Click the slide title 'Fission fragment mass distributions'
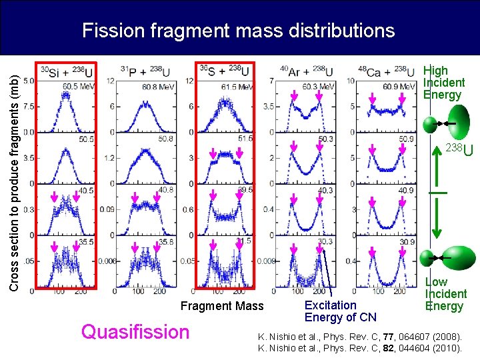(x=238, y=31)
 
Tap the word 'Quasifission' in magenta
(x=135, y=331)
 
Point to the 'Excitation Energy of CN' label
(x=340, y=311)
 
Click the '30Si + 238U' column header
(x=67, y=71)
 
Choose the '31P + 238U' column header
(x=150, y=71)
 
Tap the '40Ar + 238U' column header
(x=307, y=71)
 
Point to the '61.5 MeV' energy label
(x=237, y=87)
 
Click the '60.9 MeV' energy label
(x=398, y=87)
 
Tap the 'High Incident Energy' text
(x=444, y=83)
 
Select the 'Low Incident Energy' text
(x=445, y=294)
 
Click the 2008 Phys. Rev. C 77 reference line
(x=359, y=336)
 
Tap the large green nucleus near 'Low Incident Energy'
(x=455, y=255)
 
